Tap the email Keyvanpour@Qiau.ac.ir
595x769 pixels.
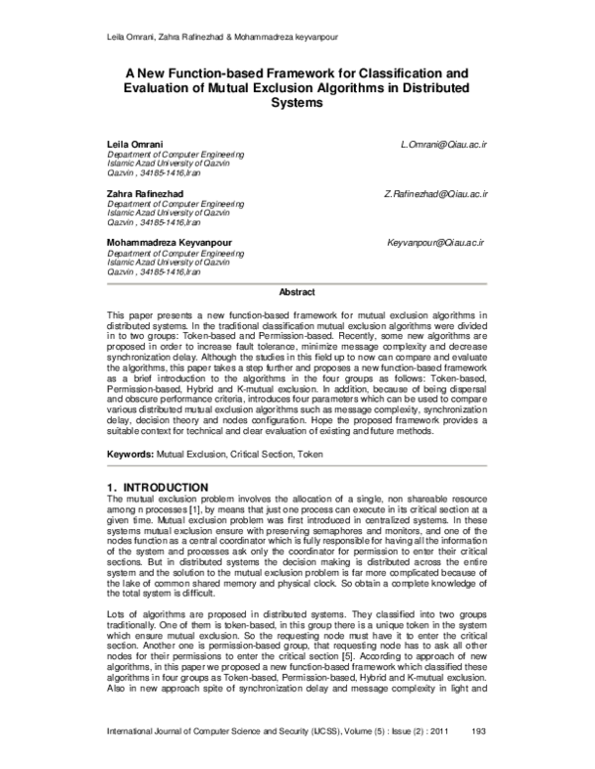(435, 242)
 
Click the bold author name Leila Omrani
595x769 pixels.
(132, 145)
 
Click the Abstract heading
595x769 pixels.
(297, 292)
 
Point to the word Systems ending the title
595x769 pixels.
(297, 103)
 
